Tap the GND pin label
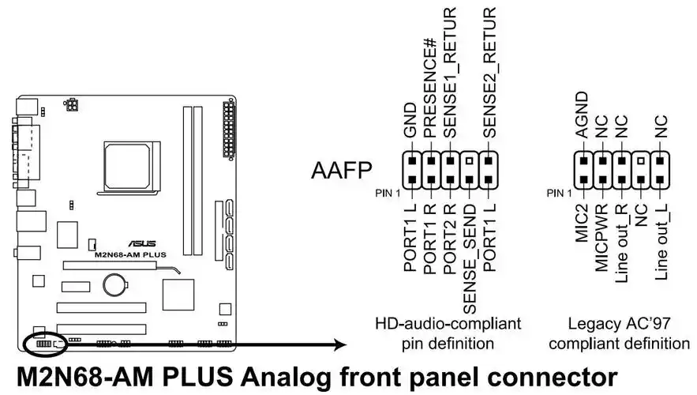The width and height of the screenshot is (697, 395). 410,122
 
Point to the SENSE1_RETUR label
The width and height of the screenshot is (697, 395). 450,73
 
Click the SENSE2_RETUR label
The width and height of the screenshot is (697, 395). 489,73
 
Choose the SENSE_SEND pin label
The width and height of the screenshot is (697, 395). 469,254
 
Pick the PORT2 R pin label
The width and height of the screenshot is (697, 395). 449,237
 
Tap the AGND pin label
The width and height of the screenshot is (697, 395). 583,115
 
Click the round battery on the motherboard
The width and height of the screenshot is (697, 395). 118,282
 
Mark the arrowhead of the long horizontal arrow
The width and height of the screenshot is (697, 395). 342,344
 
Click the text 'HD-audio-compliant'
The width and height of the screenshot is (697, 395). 448,324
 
